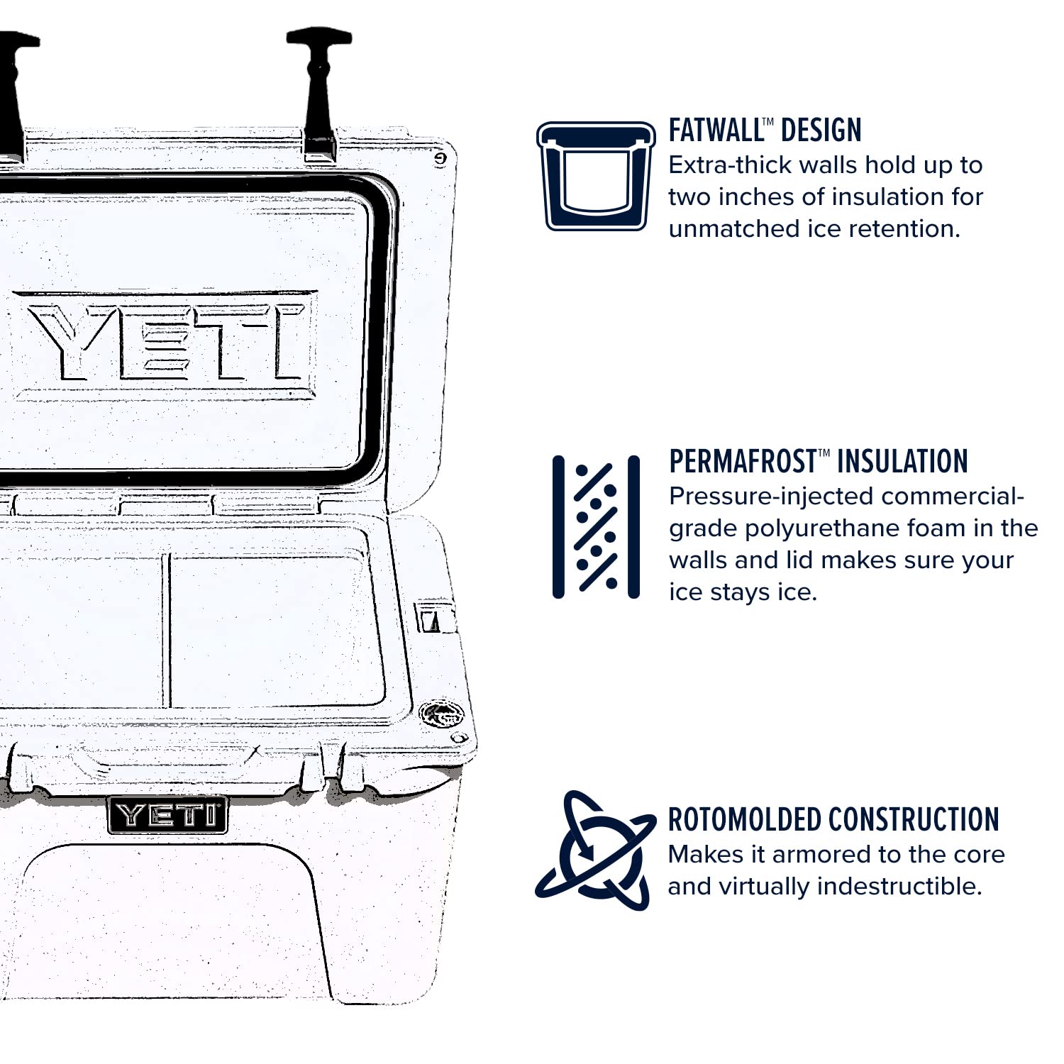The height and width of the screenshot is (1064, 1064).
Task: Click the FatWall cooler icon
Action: click(596, 176)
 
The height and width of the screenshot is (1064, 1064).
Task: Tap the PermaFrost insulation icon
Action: click(596, 527)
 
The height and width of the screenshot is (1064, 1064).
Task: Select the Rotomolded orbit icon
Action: click(594, 850)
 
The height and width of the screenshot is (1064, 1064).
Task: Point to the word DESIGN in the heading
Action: click(821, 131)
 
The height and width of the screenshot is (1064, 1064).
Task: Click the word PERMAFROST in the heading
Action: click(742, 462)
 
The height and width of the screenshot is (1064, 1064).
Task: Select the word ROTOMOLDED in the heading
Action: click(744, 820)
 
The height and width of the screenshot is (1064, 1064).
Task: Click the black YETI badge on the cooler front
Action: click(168, 815)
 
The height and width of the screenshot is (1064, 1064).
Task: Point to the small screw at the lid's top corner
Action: click(440, 159)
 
